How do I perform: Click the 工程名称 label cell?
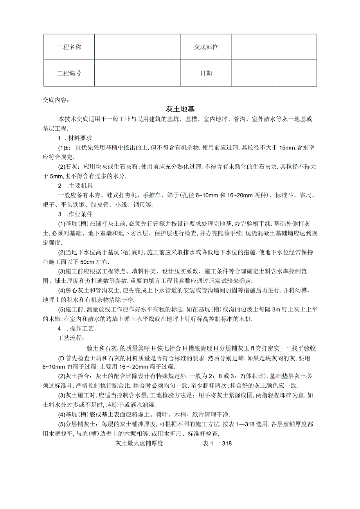[69, 47]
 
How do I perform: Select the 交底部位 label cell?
[206, 47]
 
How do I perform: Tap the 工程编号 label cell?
[69, 73]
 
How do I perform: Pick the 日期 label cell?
[206, 73]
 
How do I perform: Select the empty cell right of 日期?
[274, 73]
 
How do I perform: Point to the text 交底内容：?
[56, 100]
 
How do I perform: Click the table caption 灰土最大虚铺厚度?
[139, 444]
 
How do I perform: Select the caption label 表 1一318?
[217, 444]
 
